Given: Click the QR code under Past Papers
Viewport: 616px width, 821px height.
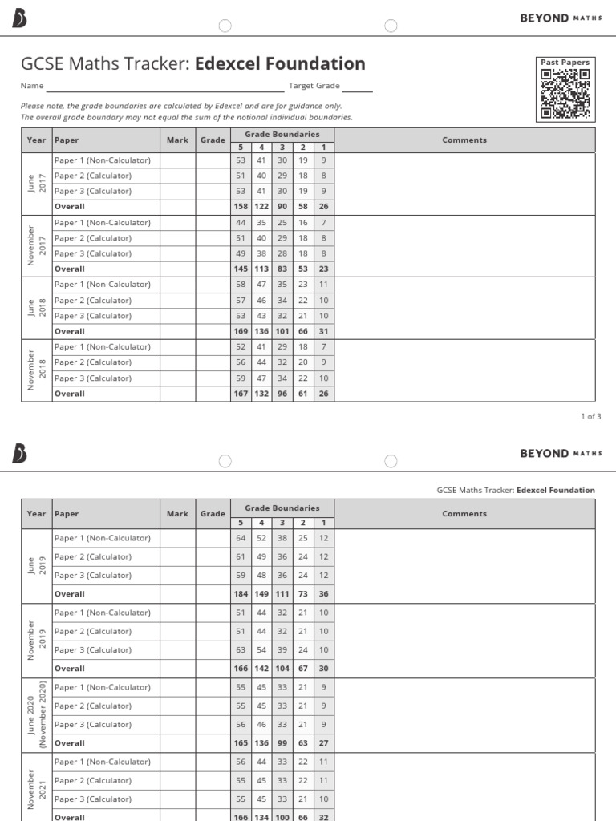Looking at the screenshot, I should coord(565,94).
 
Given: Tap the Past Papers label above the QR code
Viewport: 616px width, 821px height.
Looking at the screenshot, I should coord(565,62).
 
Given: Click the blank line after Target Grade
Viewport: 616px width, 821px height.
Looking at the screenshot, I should coord(358,87).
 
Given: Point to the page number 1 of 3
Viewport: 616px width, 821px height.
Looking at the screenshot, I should coord(590,416).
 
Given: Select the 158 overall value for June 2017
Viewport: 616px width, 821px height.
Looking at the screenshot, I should coord(241,207).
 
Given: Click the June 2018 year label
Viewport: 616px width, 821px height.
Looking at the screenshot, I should coord(36,308).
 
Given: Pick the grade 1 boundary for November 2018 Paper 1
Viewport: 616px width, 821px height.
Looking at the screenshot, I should coord(323,347).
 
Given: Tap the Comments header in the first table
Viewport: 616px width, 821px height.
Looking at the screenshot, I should coord(464,140).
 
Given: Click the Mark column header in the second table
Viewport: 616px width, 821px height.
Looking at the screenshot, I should coord(177,514).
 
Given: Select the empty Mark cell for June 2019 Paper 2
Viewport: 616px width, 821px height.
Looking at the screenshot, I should coord(177,557).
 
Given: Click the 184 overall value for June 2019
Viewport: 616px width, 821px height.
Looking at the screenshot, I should coord(241,594).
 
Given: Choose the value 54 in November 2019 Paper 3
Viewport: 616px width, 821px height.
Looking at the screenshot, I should coord(261,650).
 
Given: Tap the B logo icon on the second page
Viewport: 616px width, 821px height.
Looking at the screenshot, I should coord(20,454).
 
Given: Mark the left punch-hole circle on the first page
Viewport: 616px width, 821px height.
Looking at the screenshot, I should coord(225,26).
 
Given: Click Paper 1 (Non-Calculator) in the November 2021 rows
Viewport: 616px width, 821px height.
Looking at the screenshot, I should coord(102,762).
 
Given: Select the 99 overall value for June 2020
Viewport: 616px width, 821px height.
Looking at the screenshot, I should coord(282,743).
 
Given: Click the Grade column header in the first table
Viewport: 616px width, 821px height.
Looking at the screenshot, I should coord(213,140).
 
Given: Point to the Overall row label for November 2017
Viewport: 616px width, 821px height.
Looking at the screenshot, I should coord(69,269).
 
